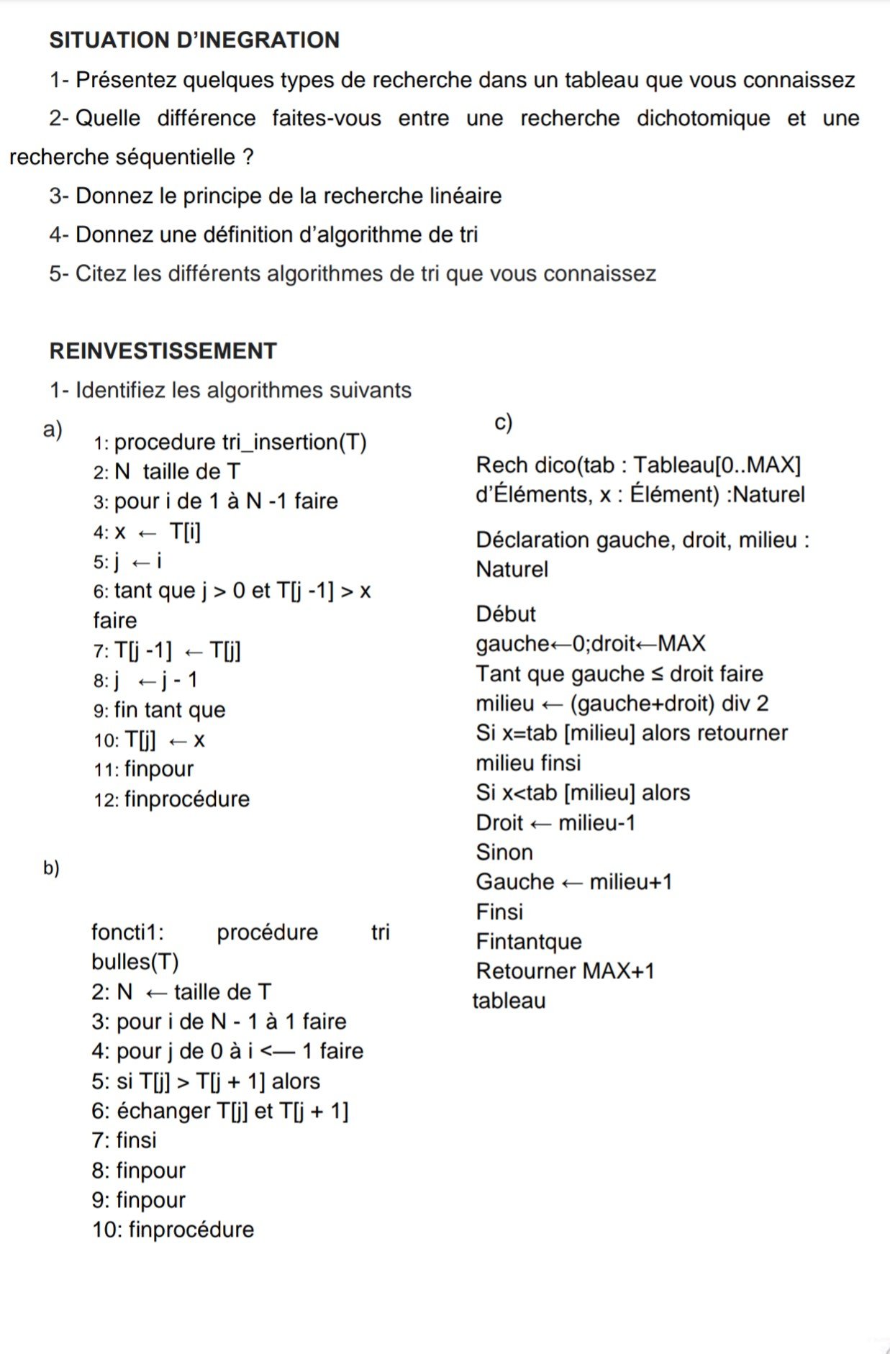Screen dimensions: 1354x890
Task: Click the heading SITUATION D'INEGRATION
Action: click(x=194, y=40)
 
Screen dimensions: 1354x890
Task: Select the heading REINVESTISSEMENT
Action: click(x=163, y=351)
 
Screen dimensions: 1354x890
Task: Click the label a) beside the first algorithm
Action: click(x=53, y=430)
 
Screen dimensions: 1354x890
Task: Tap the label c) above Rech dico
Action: click(x=504, y=422)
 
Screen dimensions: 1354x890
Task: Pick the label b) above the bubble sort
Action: click(x=51, y=868)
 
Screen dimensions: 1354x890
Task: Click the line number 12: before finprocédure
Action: click(x=106, y=800)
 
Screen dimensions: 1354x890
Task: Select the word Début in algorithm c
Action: click(x=506, y=614)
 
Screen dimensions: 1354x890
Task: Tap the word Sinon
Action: click(x=504, y=853)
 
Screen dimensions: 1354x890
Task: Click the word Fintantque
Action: click(x=529, y=942)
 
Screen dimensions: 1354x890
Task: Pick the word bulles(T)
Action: click(x=135, y=962)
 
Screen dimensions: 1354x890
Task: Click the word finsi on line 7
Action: click(x=136, y=1140)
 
